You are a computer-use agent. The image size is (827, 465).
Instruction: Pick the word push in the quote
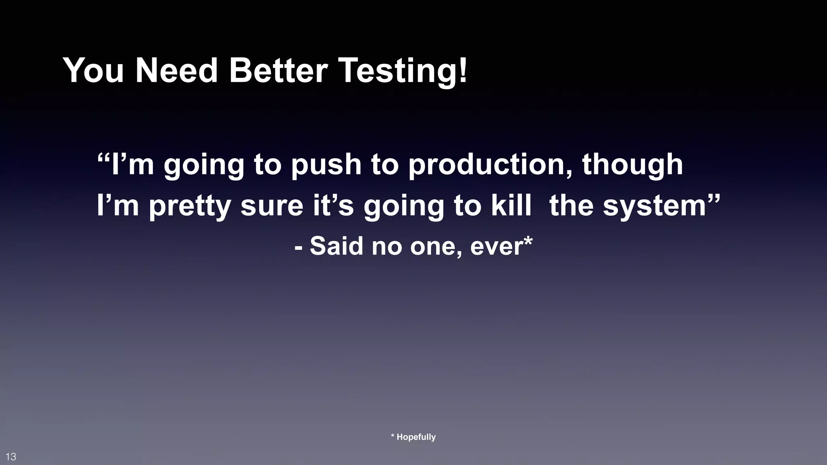(326, 165)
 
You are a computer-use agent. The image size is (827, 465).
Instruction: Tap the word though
(632, 165)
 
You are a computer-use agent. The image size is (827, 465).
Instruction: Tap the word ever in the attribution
(496, 246)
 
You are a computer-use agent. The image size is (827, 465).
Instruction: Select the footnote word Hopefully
(416, 437)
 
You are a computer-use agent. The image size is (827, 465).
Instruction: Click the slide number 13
(11, 457)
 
